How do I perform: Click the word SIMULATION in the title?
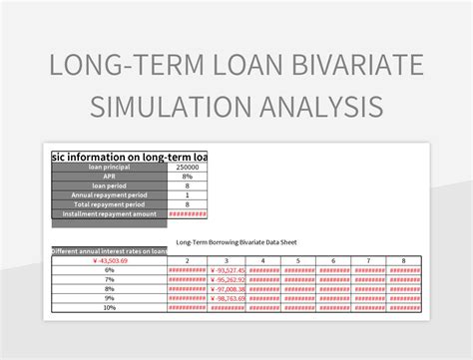168,106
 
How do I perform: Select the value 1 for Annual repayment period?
187,194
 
